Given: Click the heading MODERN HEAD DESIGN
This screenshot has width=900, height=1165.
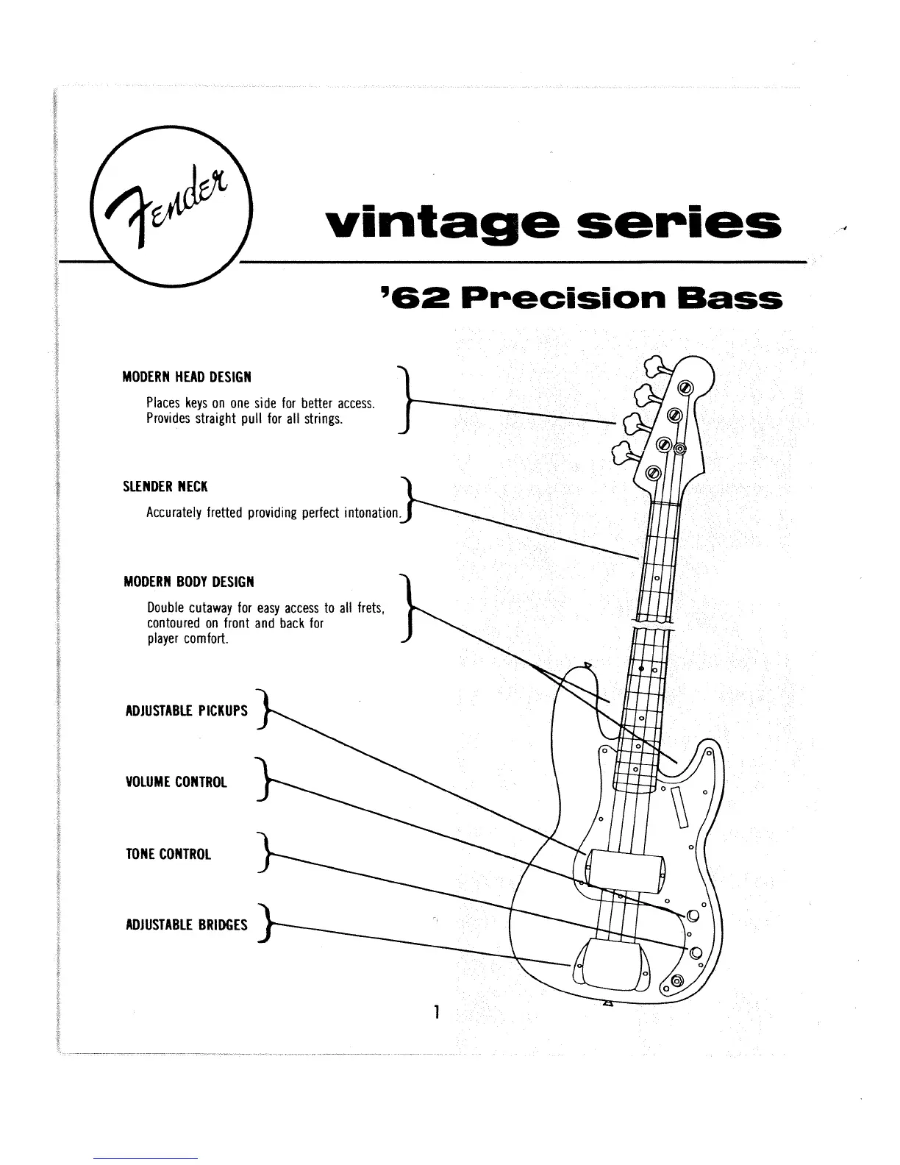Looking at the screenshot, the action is coord(187,377).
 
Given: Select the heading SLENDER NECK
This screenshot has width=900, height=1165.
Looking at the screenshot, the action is coord(165,487).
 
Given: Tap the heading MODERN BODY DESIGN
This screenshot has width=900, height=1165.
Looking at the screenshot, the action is coord(188,582).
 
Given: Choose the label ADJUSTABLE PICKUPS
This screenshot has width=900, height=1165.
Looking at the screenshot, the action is coord(187,711).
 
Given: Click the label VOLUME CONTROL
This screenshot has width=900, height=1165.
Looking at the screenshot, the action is coord(176,782).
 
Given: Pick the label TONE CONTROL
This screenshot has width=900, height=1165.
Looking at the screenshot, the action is coord(168,854).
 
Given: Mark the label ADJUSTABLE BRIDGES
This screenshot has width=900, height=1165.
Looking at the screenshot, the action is coord(187,925).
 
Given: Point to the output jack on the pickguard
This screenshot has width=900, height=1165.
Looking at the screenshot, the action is coord(676,979).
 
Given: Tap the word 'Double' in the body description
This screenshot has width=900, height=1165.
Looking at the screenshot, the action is coord(164,608).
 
